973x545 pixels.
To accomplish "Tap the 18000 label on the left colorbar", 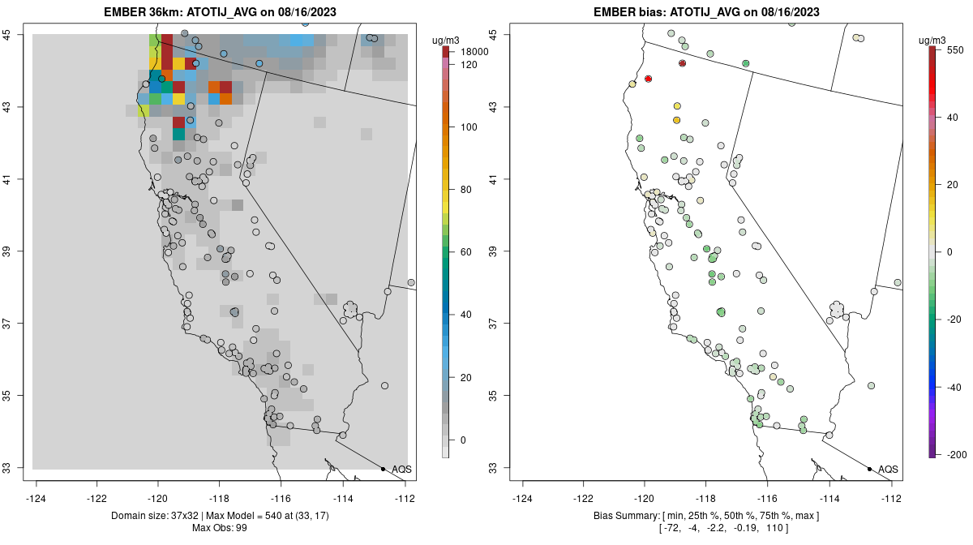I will [x=474, y=52].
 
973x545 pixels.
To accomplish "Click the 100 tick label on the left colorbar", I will [x=468, y=127].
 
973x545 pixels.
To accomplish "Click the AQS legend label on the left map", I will [x=401, y=470].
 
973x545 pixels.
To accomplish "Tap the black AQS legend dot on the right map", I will [x=869, y=469].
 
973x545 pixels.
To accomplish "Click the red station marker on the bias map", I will [x=649, y=79].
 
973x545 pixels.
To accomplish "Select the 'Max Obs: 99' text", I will [x=220, y=528].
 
